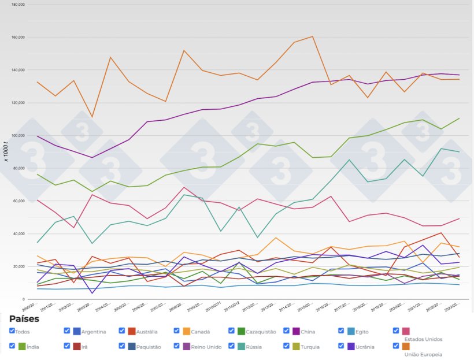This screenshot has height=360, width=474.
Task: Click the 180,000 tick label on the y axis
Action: [17, 4]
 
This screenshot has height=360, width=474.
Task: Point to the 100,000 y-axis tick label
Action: [17, 135]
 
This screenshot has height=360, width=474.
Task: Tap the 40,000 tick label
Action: [18, 234]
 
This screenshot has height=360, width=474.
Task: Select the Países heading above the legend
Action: [25, 318]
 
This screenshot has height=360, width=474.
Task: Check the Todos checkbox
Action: [12, 331]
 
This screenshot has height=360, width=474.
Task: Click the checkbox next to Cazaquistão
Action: [232, 331]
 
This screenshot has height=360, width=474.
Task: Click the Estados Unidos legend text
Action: [423, 339]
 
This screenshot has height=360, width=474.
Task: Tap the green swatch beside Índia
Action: [22, 347]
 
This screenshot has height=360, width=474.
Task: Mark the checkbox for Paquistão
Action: [122, 346]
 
